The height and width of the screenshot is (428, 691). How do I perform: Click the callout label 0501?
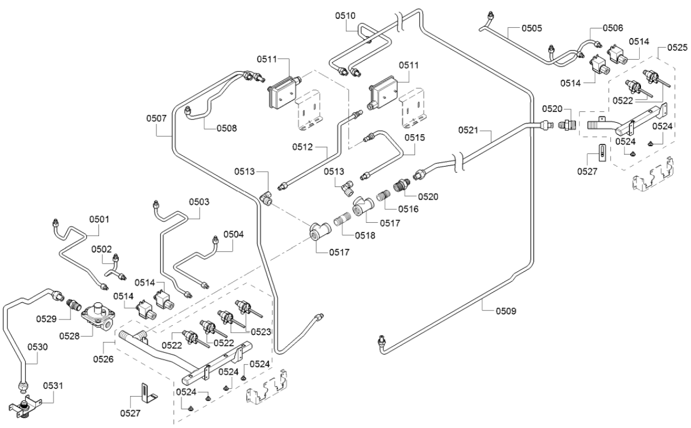pos(99,219)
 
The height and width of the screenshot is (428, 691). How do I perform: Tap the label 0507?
pos(156,118)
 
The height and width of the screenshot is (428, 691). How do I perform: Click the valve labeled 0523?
pos(246,308)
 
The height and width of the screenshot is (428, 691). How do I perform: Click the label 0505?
pos(532,27)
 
